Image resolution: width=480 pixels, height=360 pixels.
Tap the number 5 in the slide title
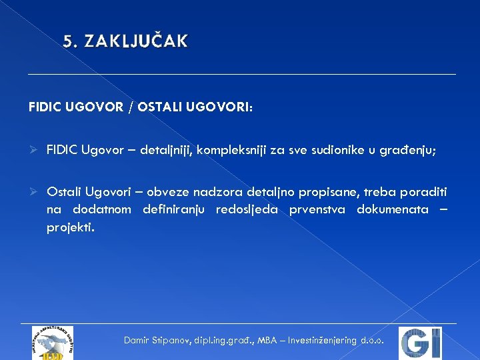pos(67,42)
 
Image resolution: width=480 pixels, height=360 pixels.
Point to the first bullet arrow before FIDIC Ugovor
pos(34,150)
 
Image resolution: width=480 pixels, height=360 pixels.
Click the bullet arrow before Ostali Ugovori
pos(34,193)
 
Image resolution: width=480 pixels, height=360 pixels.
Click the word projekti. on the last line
pos(71,227)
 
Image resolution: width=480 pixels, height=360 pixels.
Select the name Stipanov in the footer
pos(170,340)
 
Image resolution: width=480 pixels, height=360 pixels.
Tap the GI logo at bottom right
pos(420,343)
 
